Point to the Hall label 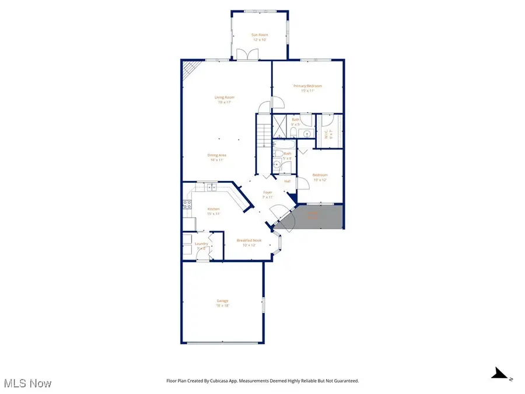[x=288, y=182]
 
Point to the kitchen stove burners [x=187, y=204]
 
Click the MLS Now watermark [x=28, y=383]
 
